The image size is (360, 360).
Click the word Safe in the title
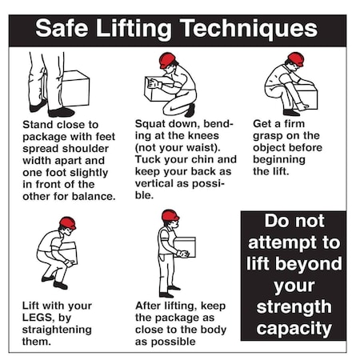click(66, 30)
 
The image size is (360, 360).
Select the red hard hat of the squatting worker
click(167, 60)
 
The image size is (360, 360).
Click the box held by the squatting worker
click(157, 90)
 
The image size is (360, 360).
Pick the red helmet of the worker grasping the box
click(295, 58)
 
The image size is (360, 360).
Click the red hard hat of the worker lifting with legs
click(67, 222)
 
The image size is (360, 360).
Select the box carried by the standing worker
click(186, 246)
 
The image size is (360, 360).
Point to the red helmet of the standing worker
click(170, 215)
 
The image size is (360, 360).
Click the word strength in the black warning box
click(293, 306)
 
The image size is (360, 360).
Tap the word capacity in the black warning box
click(293, 327)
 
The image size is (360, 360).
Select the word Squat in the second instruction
click(152, 125)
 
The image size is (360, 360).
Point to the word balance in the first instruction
click(94, 196)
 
